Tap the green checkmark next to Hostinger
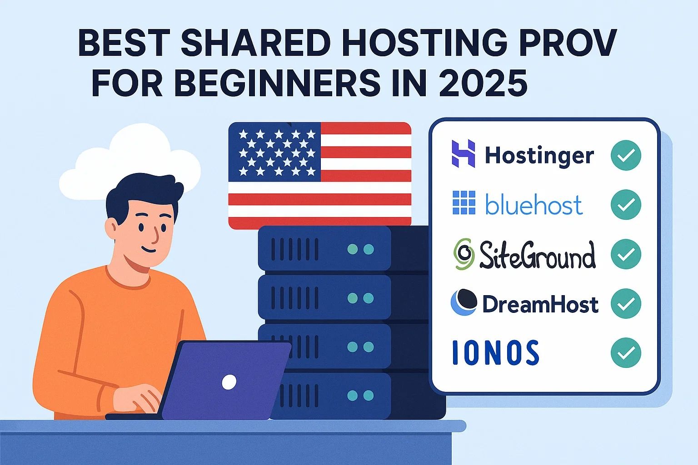626,155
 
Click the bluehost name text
534,205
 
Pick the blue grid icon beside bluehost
464,203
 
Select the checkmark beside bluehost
626,204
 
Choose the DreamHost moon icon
464,302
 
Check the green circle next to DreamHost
626,303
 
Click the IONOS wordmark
496,352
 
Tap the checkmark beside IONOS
626,353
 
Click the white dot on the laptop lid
229,382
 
